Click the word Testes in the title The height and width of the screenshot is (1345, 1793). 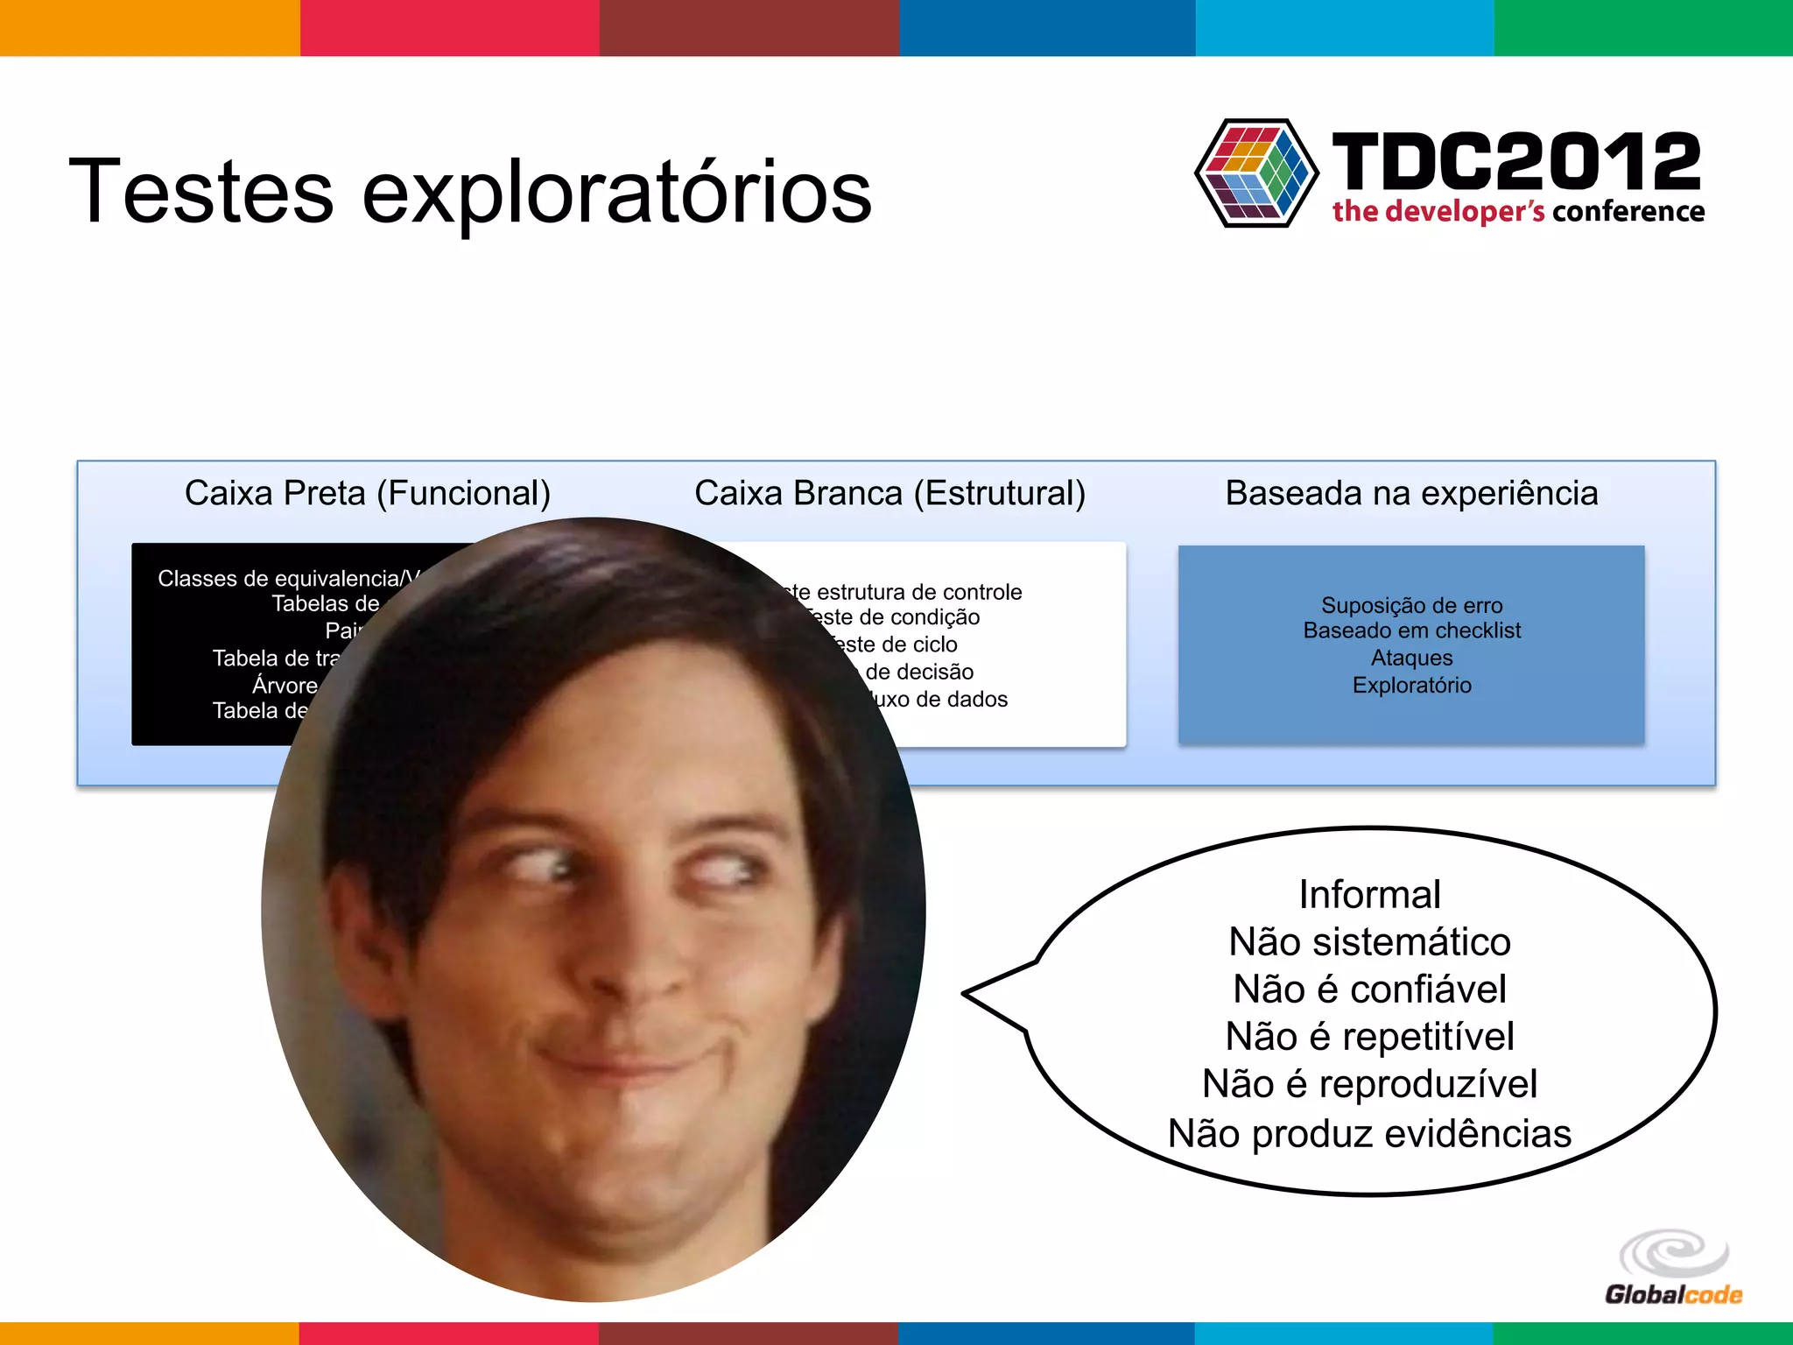(200, 191)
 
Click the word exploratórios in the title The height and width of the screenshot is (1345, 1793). (616, 193)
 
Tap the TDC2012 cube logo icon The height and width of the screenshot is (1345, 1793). (1256, 173)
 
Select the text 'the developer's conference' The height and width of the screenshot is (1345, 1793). (1518, 212)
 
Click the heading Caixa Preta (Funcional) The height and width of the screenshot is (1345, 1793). (367, 493)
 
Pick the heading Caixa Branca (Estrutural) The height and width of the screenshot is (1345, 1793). (889, 493)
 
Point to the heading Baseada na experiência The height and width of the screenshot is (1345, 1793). (1411, 493)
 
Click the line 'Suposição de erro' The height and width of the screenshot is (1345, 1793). (1411, 605)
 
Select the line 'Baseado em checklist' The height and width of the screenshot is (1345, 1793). (1411, 630)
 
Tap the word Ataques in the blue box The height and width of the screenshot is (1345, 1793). (1411, 658)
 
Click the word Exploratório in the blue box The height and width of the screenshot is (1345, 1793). (1411, 685)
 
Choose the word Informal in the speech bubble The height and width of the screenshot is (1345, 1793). (1369, 895)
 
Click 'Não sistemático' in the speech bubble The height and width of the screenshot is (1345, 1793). (1369, 942)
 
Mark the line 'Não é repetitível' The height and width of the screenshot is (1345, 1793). (1369, 1037)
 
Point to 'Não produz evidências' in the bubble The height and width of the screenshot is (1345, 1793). (1369, 1133)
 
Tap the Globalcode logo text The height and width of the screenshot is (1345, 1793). (1672, 1294)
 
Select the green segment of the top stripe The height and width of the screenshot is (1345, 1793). (1643, 27)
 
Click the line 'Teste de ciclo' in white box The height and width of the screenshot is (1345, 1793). (897, 644)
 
